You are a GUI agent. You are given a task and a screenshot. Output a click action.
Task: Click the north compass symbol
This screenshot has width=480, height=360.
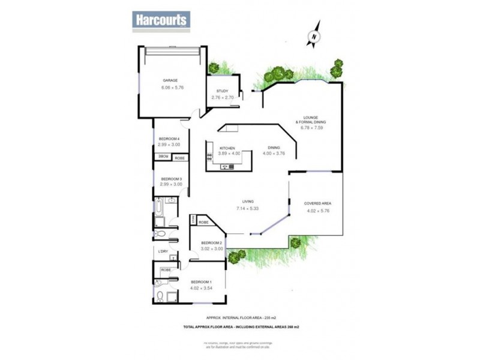(x=314, y=37)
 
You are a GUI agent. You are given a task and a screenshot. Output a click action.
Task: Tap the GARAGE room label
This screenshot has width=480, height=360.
(x=170, y=80)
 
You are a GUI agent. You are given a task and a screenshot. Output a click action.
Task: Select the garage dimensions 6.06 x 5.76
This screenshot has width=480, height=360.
(x=172, y=88)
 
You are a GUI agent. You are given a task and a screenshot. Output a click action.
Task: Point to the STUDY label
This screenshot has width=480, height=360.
(x=223, y=91)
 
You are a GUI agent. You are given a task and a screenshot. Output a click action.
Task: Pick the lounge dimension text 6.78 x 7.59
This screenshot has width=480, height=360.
(x=310, y=127)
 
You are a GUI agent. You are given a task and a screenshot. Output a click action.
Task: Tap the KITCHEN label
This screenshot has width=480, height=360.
(x=226, y=148)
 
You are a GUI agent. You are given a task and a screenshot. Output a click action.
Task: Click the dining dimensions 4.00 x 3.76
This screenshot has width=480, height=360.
(x=273, y=154)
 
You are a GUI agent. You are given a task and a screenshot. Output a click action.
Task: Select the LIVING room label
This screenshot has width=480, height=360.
(x=248, y=202)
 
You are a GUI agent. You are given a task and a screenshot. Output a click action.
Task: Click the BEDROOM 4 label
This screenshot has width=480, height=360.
(x=169, y=139)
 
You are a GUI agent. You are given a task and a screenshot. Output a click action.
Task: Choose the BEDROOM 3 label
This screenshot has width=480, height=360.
(x=170, y=179)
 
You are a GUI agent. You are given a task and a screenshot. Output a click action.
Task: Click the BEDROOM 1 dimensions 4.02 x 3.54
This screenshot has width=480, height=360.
(x=201, y=288)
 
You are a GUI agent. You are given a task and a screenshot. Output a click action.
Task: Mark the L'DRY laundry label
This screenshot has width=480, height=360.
(x=163, y=251)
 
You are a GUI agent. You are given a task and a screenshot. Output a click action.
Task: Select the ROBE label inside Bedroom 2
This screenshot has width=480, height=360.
(x=203, y=222)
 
